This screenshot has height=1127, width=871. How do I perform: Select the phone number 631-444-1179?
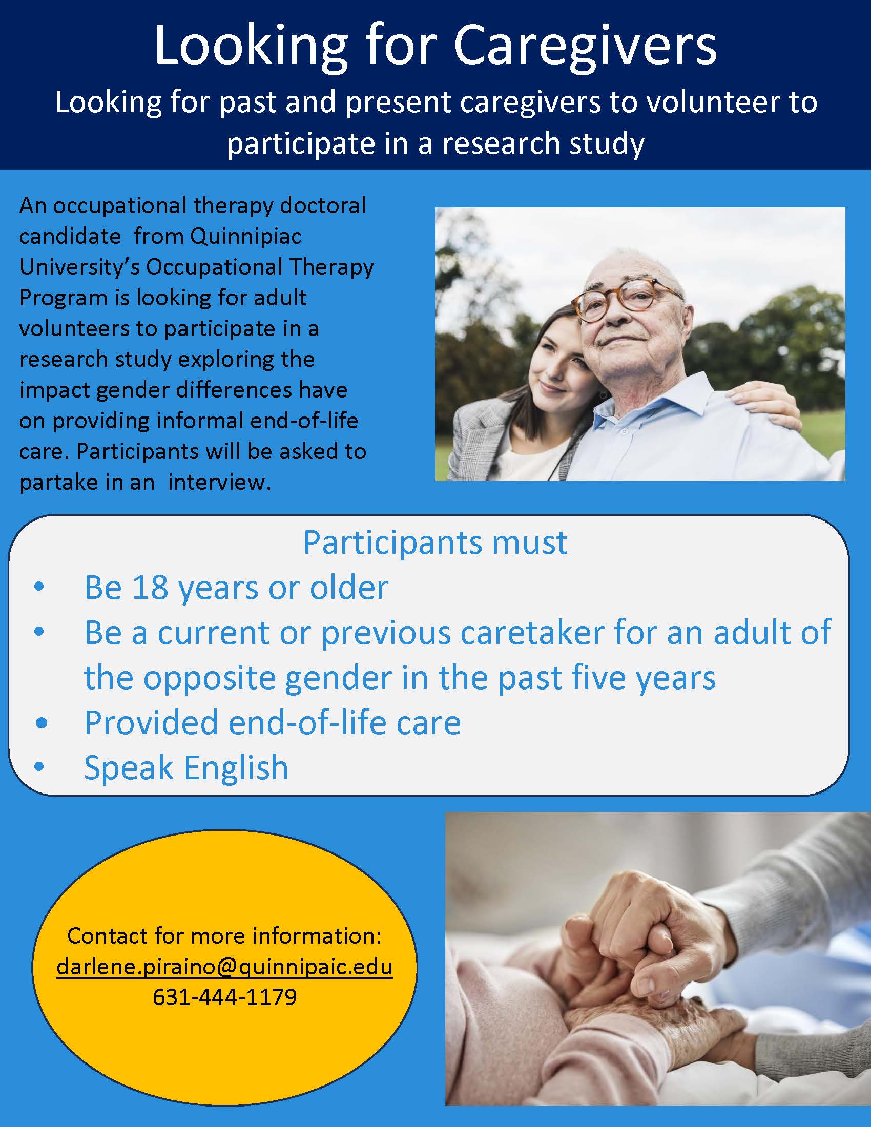(224, 997)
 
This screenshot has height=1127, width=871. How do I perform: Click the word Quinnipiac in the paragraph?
(245, 237)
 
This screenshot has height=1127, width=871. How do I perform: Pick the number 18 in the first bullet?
(150, 587)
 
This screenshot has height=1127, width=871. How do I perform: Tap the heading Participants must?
(435, 543)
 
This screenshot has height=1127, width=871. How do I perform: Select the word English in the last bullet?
(236, 767)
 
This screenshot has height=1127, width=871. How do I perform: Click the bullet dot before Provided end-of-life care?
(42, 723)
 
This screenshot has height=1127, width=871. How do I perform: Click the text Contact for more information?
(224, 935)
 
